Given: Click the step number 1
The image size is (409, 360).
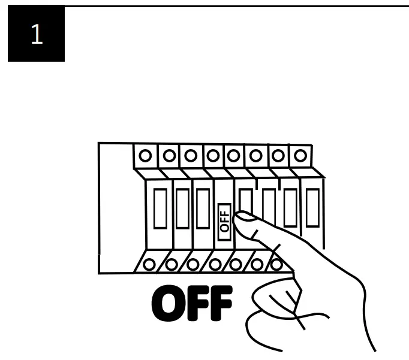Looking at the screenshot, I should pos(36,34).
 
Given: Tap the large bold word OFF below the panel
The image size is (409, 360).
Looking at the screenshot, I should pos(192,304).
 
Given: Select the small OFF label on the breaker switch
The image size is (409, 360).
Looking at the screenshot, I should pos(224,218).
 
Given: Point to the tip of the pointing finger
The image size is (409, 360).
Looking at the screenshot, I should pos(240,217).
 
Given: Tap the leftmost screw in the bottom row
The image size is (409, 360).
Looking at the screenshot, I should pos(150,264).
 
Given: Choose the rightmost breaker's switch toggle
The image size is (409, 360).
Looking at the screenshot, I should pos(312,207).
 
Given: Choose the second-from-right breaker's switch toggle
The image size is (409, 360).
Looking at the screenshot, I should pos(290,207).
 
